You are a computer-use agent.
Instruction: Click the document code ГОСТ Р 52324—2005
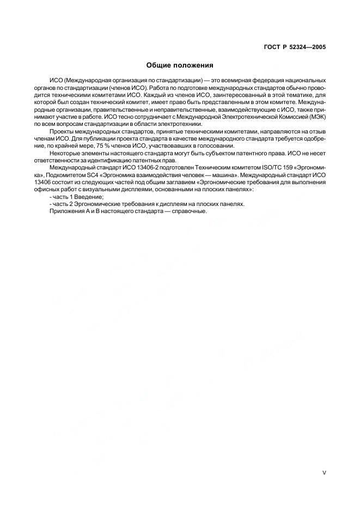click(x=295, y=47)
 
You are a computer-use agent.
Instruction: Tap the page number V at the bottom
click(x=324, y=473)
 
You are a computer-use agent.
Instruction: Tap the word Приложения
click(x=65, y=211)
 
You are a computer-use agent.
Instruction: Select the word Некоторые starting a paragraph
click(x=66, y=154)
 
